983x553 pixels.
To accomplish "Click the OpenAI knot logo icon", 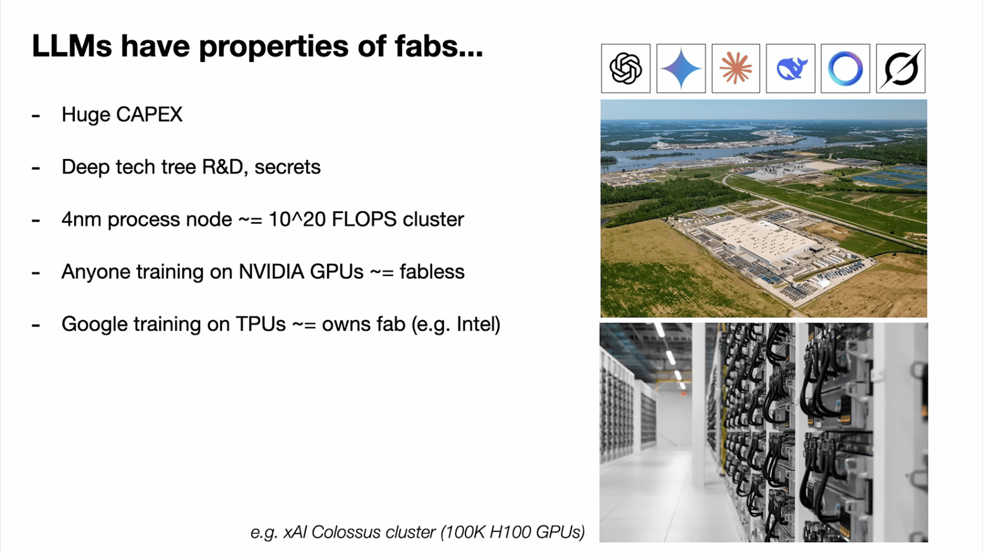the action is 626,68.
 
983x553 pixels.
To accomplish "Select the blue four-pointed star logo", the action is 681,68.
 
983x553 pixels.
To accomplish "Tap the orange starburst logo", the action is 736,68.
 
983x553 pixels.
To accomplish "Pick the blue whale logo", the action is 791,69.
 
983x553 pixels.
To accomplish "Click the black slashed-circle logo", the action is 901,68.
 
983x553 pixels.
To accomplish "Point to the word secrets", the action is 287,167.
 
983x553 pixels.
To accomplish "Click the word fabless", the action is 432,272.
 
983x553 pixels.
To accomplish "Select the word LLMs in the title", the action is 72,46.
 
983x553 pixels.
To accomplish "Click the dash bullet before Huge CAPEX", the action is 36,115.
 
